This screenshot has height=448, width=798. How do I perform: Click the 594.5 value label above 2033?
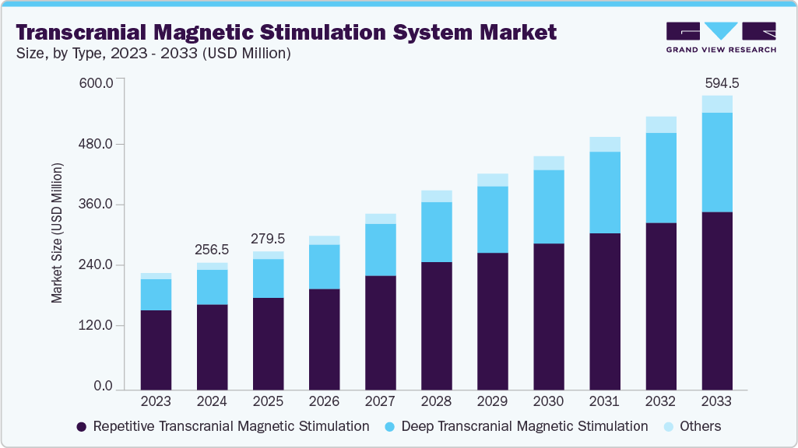[x=716, y=83]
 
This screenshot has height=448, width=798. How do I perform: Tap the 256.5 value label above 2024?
[x=212, y=250]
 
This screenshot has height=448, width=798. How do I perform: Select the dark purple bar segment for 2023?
[x=156, y=349]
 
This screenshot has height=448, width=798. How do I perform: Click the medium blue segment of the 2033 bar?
[x=716, y=162]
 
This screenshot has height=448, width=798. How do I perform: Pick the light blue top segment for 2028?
[x=437, y=196]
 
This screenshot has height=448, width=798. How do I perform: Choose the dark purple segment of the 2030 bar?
[x=549, y=316]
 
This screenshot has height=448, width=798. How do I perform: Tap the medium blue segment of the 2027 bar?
[x=381, y=250]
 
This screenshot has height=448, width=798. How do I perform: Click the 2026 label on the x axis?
[x=324, y=402]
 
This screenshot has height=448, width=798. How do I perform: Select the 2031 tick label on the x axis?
[x=605, y=402]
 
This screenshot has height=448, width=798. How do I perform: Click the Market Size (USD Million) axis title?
[x=58, y=233]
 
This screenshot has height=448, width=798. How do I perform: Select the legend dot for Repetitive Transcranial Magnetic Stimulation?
[x=82, y=427]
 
